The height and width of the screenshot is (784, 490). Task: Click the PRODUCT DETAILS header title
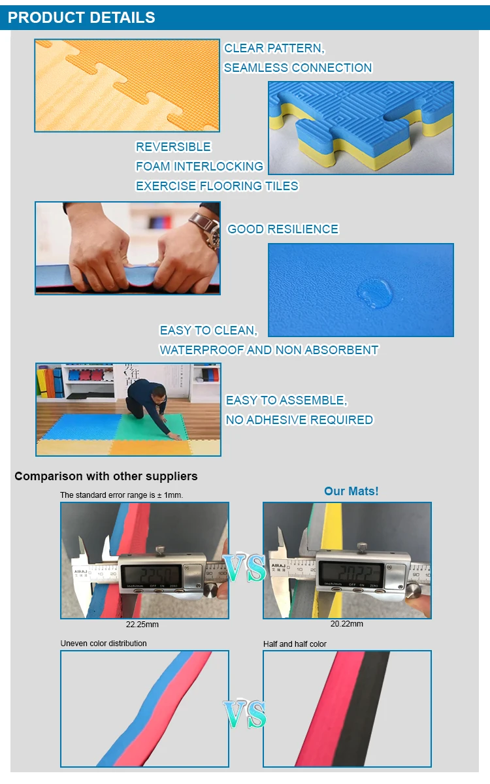[82, 18]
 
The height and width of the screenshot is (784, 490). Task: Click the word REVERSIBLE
[173, 147]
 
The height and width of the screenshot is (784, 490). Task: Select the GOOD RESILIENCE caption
[283, 229]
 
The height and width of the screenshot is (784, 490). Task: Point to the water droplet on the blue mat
[373, 291]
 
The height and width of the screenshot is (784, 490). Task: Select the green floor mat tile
[189, 428]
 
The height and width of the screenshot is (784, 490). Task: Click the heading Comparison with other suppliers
[106, 476]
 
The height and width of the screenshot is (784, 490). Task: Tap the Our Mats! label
[351, 491]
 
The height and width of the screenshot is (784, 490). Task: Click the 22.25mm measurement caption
[142, 625]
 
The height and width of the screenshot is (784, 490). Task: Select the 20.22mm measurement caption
[346, 624]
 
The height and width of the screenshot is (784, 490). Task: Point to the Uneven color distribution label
[103, 644]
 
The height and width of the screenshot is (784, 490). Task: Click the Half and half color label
[295, 644]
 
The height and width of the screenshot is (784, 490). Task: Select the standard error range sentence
[122, 495]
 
